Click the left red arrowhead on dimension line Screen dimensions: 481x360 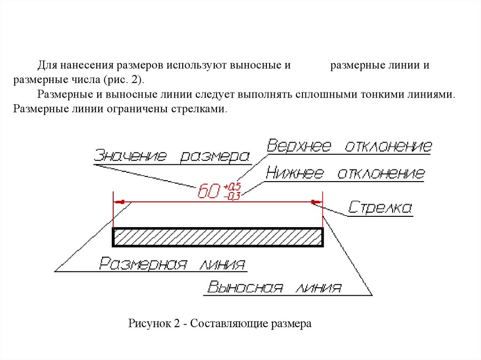pyautogui.click(x=120, y=202)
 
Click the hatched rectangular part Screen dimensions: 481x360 pyautogui.click(x=218, y=237)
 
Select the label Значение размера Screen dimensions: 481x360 pyautogui.click(x=171, y=156)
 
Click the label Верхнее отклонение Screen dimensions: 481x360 pyautogui.click(x=349, y=146)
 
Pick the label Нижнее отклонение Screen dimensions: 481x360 pyautogui.click(x=345, y=174)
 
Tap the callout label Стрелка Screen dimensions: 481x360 pyautogui.click(x=380, y=208)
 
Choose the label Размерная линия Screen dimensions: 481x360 pyautogui.click(x=172, y=264)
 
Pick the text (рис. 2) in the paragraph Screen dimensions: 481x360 pyautogui.click(x=125, y=79)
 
